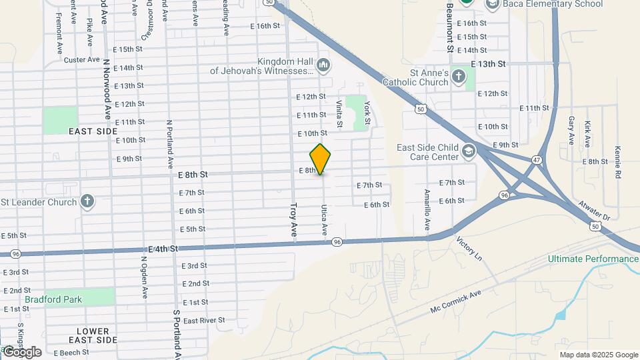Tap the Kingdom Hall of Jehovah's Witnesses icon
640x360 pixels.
(323, 65)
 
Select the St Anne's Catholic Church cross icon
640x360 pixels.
(458, 76)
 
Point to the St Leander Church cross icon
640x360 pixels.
(87, 201)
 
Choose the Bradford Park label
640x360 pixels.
(53, 299)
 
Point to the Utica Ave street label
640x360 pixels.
(325, 221)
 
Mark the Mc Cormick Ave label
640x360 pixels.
(455, 303)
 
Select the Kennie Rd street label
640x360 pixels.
(618, 162)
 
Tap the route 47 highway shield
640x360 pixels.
(537, 160)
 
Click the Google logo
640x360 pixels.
(21, 352)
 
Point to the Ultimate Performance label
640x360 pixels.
(593, 259)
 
